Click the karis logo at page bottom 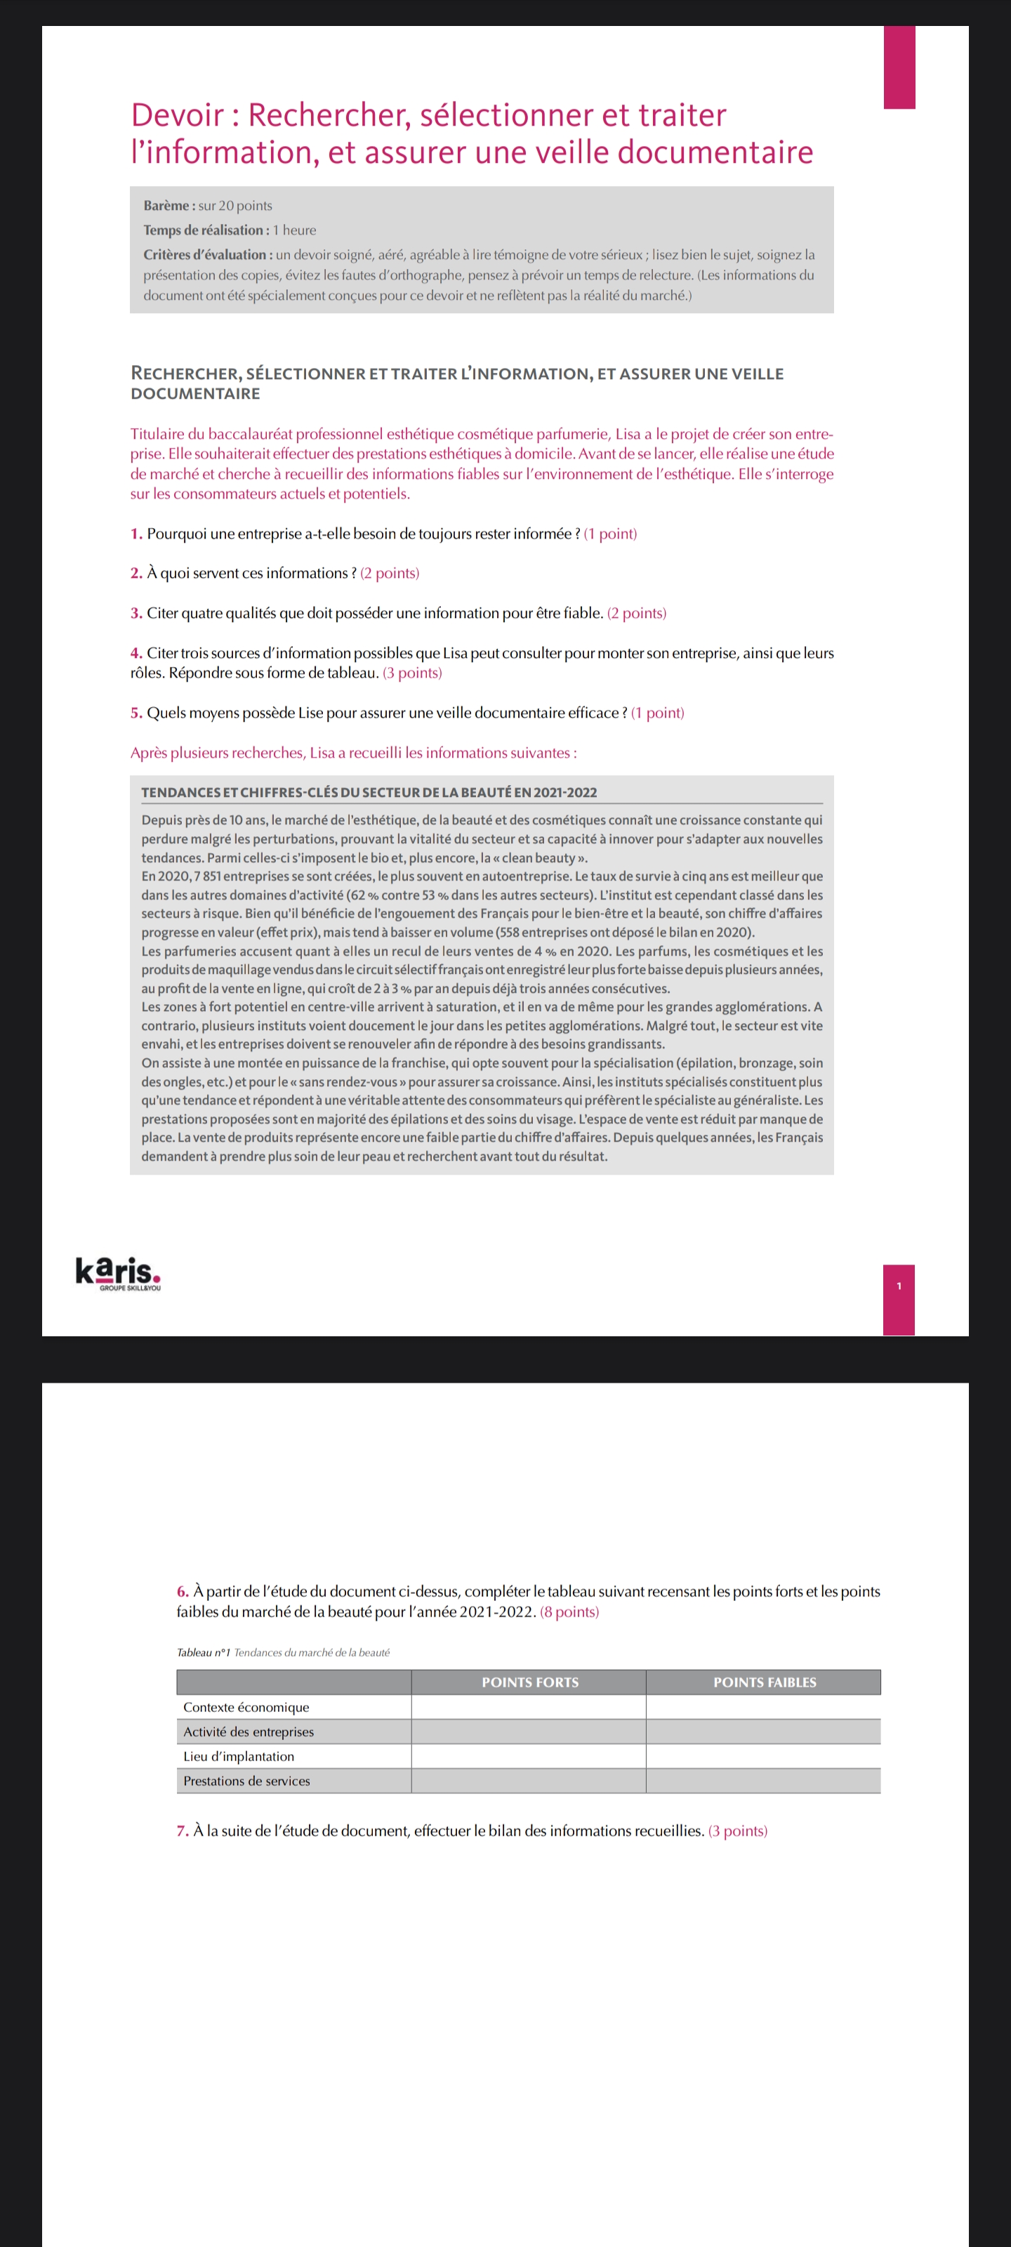[x=118, y=1274]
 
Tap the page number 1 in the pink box [x=899, y=1286]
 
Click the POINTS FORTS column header [x=529, y=1682]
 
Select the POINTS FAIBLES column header [x=764, y=1682]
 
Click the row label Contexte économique [x=246, y=1707]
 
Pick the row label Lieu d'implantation [x=238, y=1756]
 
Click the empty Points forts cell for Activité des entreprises [x=528, y=1732]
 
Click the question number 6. [x=183, y=1591]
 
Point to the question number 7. [x=183, y=1830]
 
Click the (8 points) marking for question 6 [x=569, y=1611]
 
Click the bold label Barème [x=168, y=206]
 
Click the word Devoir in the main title [x=177, y=115]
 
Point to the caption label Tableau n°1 [x=203, y=1652]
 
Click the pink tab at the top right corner [x=899, y=67]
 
